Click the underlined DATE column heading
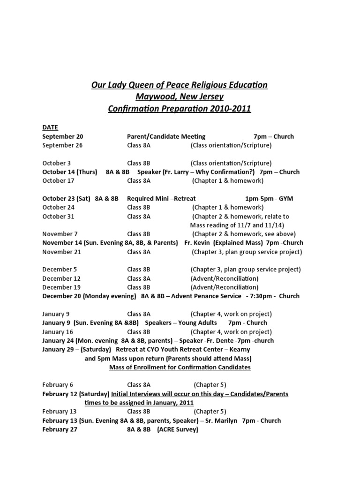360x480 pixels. [x=50, y=127]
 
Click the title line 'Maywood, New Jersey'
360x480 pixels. [x=180, y=97]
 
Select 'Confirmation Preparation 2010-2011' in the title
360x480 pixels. [x=180, y=109]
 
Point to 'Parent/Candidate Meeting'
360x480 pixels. [x=166, y=136]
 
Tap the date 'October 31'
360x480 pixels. [x=58, y=217]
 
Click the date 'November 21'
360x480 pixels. [x=62, y=252]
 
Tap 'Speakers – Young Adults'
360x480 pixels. [x=181, y=322]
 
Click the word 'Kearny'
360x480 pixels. [x=239, y=349]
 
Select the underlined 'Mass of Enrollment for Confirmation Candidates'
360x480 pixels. [x=180, y=367]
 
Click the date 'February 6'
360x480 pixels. [x=58, y=385]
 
